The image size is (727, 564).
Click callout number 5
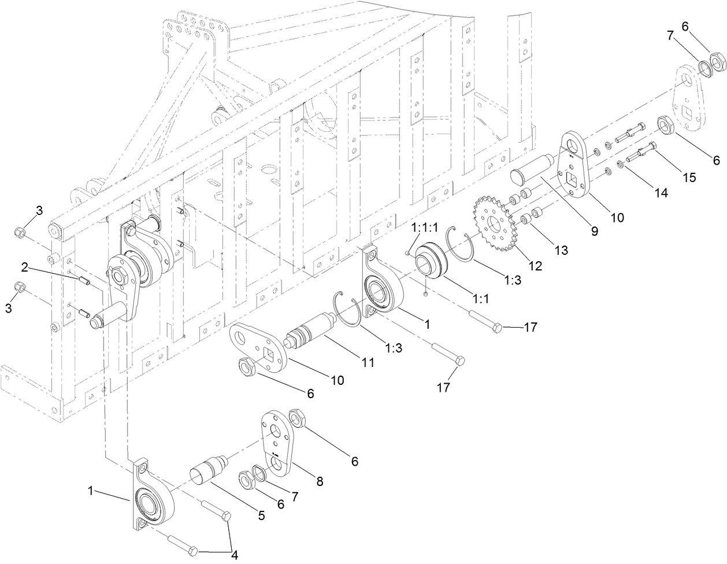point(261,515)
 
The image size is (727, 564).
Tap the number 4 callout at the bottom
point(234,555)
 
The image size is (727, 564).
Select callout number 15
point(690,177)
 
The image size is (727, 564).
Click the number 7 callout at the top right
point(671,36)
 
